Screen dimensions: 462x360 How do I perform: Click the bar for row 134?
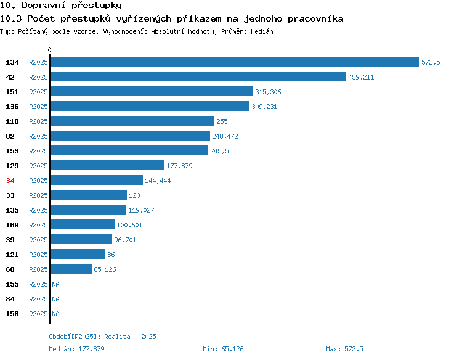click(235, 62)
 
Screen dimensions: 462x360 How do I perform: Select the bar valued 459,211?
click(198, 76)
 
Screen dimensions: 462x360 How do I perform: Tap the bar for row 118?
click(132, 121)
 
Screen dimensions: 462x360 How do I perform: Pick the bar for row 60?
click(71, 269)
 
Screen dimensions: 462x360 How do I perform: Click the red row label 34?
click(10, 181)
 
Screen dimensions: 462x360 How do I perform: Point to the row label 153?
click(12, 151)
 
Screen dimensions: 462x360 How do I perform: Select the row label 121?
click(12, 255)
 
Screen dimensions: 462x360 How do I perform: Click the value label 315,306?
click(268, 92)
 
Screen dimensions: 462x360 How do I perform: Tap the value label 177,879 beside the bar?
click(179, 166)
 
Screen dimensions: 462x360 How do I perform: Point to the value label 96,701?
click(125, 240)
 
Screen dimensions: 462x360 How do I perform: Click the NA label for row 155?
click(55, 284)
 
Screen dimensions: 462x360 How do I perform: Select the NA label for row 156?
click(55, 314)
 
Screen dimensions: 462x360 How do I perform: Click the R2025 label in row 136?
click(38, 107)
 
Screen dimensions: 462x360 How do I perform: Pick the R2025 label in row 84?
click(38, 299)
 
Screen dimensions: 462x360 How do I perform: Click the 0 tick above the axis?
click(49, 50)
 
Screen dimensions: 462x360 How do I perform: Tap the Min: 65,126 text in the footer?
click(223, 349)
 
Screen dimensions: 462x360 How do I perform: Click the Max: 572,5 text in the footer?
click(344, 349)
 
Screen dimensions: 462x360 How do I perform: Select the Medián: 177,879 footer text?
click(76, 349)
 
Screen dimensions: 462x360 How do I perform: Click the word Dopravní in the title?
click(44, 6)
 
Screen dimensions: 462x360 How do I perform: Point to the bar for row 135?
click(88, 210)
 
